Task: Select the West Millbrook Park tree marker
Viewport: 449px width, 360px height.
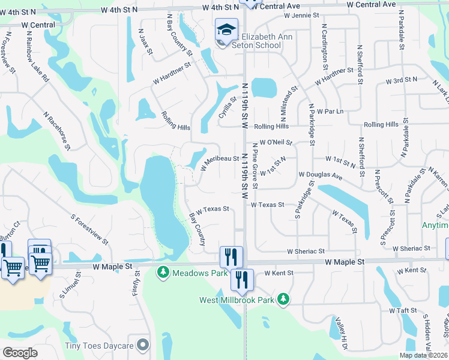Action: pyautogui.click(x=283, y=299)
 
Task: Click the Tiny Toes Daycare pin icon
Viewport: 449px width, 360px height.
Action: pyautogui.click(x=143, y=345)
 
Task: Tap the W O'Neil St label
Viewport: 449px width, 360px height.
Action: pyautogui.click(x=272, y=142)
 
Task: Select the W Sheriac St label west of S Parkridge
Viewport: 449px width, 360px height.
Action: pyautogui.click(x=306, y=251)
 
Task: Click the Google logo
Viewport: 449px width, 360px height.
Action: pyautogui.click(x=20, y=353)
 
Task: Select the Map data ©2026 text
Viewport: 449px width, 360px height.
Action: pyautogui.click(x=423, y=355)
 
